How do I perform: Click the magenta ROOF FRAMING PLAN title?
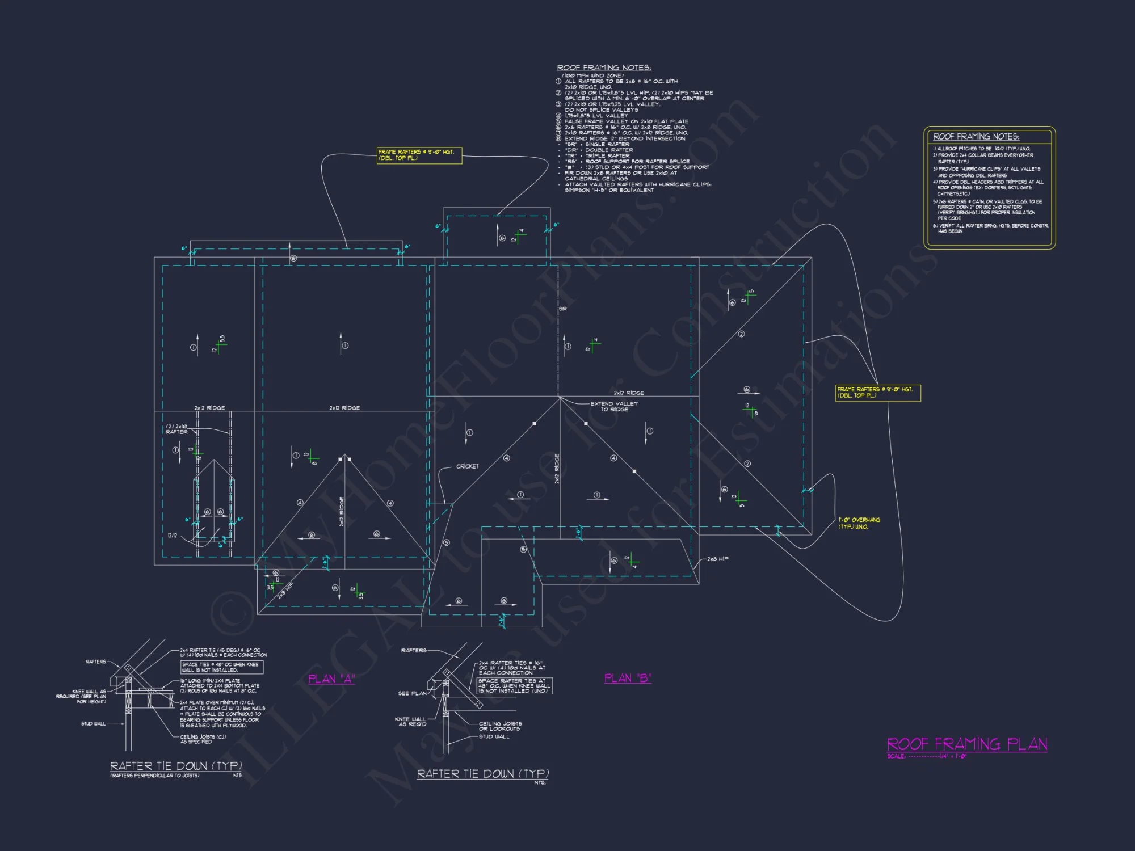(966, 744)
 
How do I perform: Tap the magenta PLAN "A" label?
(331, 679)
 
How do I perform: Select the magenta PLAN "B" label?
(628, 678)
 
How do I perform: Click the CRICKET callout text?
(467, 466)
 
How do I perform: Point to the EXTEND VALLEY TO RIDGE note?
(614, 406)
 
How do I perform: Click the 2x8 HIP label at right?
(717, 559)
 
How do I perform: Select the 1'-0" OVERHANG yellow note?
(859, 523)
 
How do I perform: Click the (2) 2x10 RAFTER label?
(176, 429)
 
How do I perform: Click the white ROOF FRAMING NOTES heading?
(604, 68)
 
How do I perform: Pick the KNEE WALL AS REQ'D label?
(410, 722)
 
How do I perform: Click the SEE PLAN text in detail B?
(412, 693)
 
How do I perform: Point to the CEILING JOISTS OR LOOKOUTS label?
(500, 726)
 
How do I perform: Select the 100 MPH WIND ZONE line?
(592, 75)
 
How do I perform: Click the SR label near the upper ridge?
(562, 309)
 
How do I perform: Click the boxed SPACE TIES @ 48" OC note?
(221, 667)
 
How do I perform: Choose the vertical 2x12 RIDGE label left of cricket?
(342, 512)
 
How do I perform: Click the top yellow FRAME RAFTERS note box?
(419, 155)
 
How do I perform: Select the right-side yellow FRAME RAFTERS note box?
(877, 393)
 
